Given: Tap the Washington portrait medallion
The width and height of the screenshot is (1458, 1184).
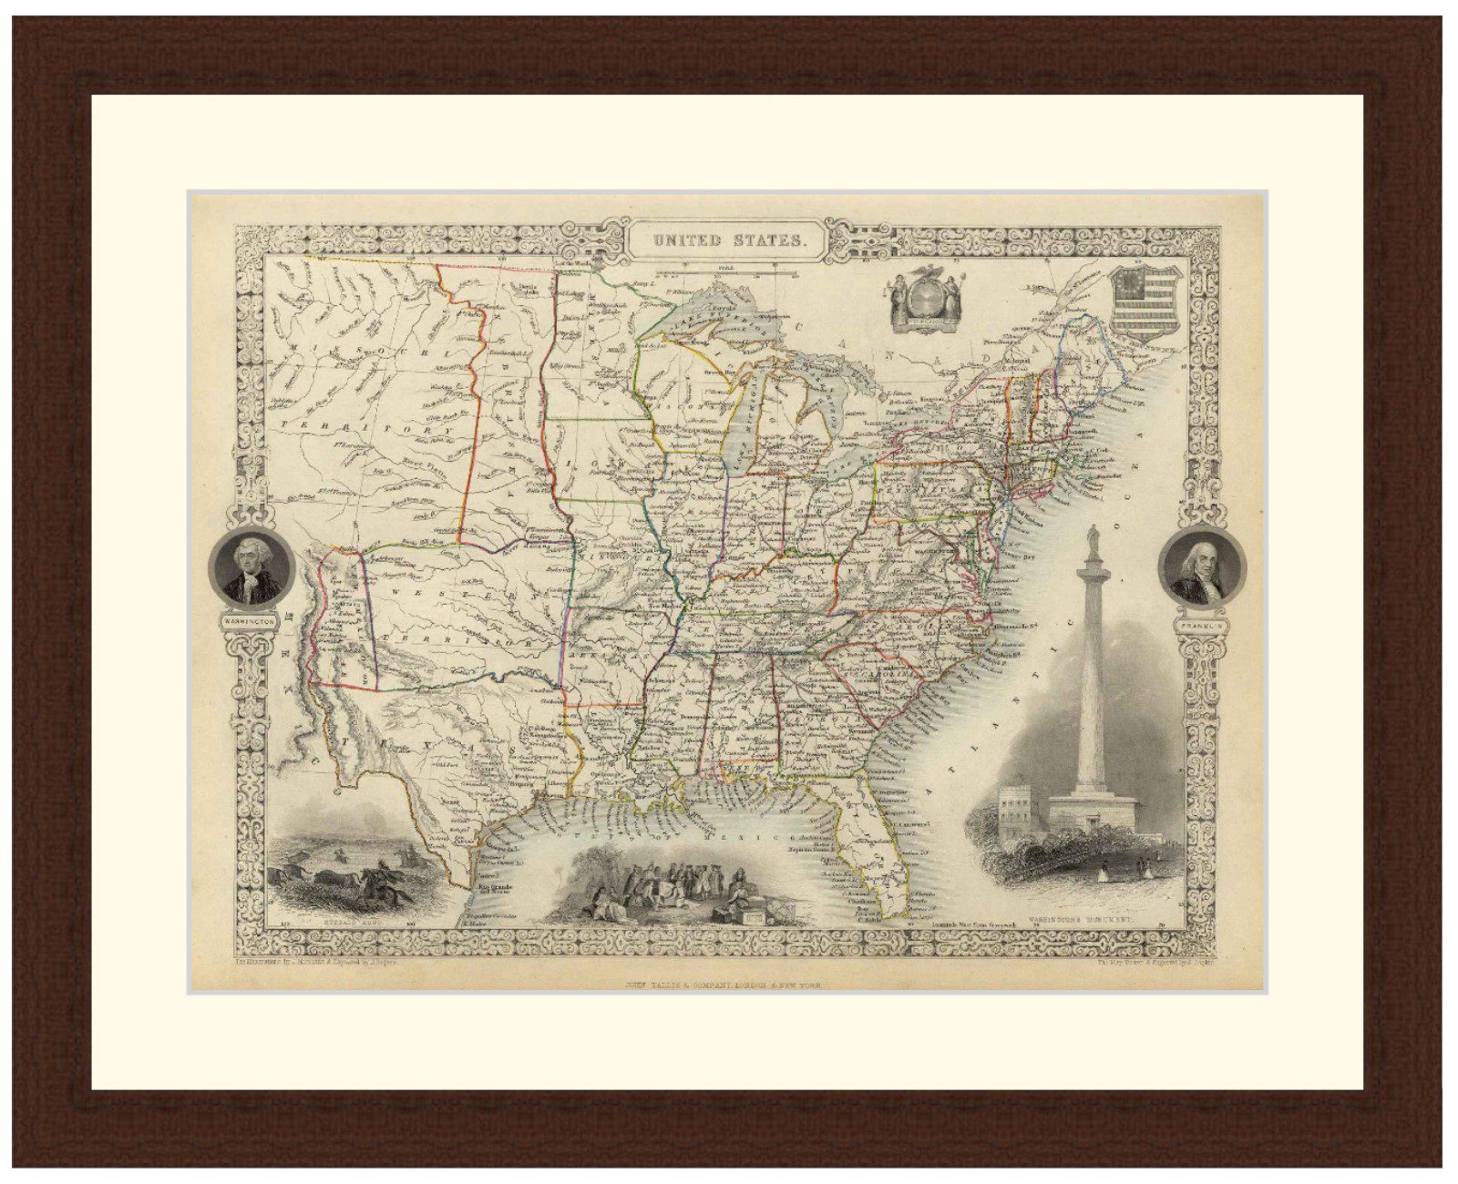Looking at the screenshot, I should coord(251,568).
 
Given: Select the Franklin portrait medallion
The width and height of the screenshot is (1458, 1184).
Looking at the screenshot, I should coord(1200,569).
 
